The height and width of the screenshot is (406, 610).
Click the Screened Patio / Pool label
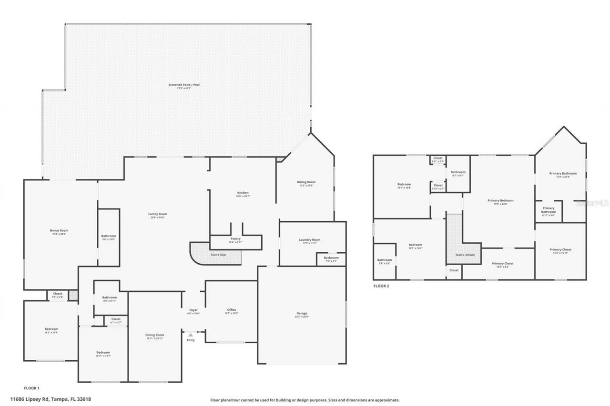184,85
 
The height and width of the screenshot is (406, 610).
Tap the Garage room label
302,313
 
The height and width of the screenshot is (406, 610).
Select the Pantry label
235,239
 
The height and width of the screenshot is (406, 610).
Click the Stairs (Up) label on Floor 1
219,255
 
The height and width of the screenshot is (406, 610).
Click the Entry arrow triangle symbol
191,335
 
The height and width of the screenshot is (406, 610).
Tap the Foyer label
193,310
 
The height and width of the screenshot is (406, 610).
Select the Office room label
231,310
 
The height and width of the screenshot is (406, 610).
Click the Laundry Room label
310,240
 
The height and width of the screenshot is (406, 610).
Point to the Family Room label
157,214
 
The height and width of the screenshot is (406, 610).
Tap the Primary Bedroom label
500,200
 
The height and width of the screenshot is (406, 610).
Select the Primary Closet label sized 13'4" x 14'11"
560,249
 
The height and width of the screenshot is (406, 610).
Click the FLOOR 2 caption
381,286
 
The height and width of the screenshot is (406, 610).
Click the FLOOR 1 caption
31,388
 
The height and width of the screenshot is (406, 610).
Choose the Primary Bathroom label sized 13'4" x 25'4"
563,173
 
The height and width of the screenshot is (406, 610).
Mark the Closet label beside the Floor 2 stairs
454,270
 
